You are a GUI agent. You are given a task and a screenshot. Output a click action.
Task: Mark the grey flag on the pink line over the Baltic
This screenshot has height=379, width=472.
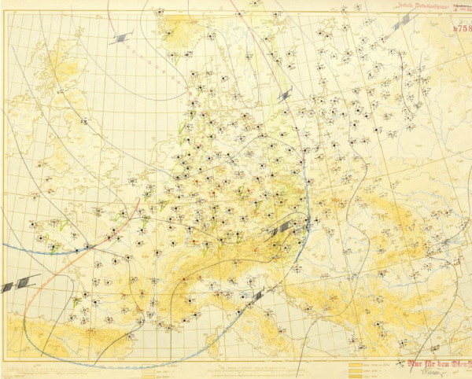(x=284, y=95)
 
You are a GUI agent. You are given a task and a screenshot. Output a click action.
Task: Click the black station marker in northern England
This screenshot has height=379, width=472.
(x=86, y=122)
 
